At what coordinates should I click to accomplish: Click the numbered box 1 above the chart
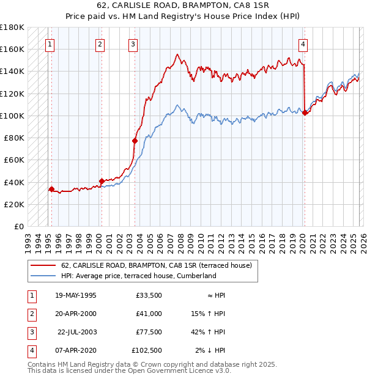[50, 43]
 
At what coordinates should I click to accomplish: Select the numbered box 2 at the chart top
[100, 43]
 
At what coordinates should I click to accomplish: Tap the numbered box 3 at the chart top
[133, 43]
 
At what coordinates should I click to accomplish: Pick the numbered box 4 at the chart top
[303, 43]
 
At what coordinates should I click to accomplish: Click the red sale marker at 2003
[135, 141]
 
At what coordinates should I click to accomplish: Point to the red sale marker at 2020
[305, 112]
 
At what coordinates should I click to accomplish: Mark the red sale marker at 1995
[51, 189]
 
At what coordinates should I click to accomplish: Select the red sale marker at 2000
[102, 181]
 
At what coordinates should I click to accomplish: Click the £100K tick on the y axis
[12, 116]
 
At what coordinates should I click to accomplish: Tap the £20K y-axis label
[14, 204]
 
